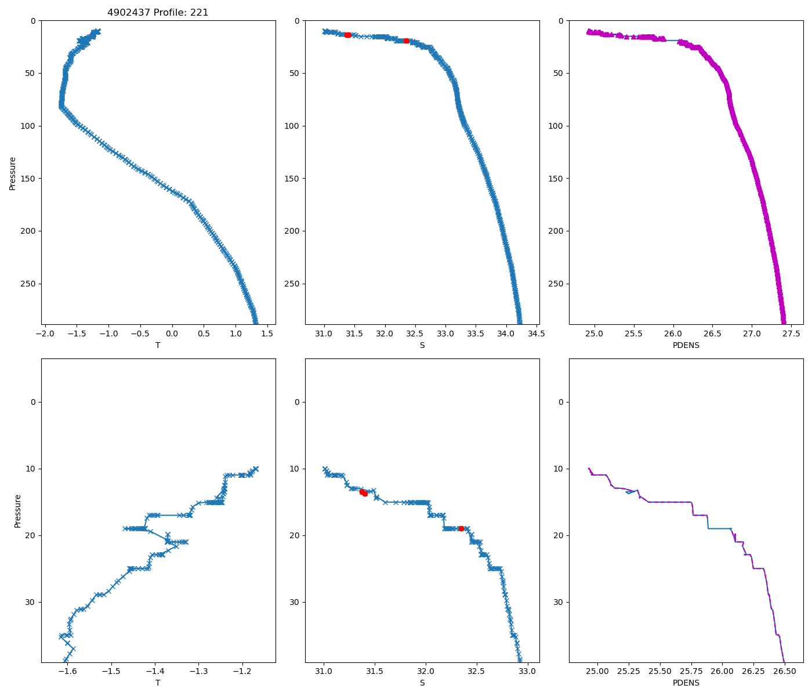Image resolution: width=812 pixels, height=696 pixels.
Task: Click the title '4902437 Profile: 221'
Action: [158, 12]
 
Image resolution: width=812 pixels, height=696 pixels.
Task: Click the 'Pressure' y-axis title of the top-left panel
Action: [13, 173]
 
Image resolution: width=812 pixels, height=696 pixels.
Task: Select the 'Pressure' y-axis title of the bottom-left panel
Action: [17, 510]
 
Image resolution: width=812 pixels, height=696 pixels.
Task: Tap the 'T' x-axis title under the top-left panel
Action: [158, 345]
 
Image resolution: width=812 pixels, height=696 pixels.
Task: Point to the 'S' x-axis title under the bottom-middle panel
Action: [422, 683]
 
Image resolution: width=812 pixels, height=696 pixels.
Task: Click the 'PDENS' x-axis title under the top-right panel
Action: [686, 345]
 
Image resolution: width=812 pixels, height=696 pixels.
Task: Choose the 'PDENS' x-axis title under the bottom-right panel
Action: [686, 683]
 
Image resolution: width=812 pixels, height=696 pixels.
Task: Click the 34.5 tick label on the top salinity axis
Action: [536, 333]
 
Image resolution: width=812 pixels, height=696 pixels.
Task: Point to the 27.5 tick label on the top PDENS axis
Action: [792, 333]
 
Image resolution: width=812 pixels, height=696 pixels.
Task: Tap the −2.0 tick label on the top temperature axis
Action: [45, 333]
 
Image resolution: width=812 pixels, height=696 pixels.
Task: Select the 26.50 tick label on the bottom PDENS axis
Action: [784, 671]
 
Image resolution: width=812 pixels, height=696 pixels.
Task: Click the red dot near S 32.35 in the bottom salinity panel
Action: [461, 528]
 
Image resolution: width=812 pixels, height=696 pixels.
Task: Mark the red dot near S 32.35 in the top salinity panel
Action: [406, 41]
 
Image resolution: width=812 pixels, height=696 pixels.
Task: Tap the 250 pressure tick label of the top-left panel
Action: [28, 284]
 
